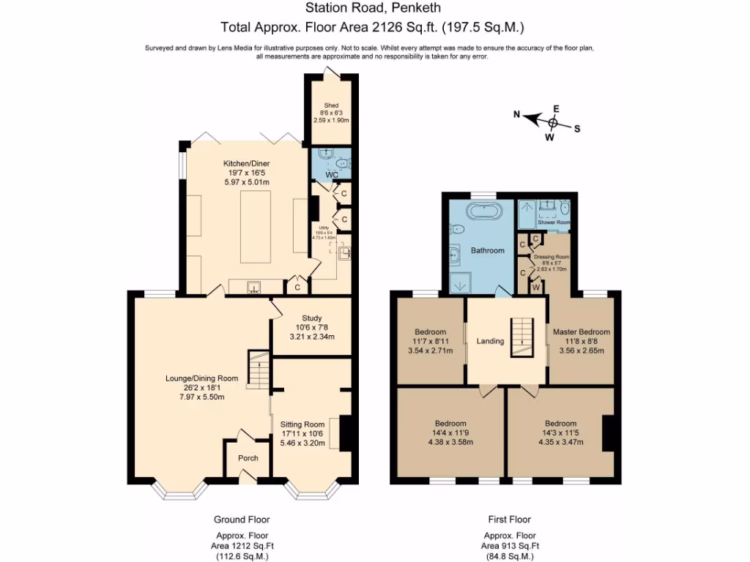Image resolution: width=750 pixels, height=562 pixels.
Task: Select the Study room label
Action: pos(312,318)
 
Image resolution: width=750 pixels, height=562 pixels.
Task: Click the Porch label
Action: pos(248,458)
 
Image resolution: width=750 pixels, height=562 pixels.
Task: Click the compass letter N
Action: pos(516,114)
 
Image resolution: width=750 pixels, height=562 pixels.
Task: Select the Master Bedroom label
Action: pos(581,331)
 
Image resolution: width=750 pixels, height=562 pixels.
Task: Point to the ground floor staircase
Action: pos(258,370)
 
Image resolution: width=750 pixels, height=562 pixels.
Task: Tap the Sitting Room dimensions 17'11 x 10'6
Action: pos(302,433)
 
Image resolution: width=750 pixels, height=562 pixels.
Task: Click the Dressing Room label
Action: pos(551,258)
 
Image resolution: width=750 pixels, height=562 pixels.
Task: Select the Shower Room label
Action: pos(554,222)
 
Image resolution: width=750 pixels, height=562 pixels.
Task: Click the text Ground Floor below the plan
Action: pos(242,520)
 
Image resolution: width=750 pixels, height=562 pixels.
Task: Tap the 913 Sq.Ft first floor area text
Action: pos(510,546)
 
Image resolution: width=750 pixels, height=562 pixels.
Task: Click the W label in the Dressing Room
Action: pos(535,288)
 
